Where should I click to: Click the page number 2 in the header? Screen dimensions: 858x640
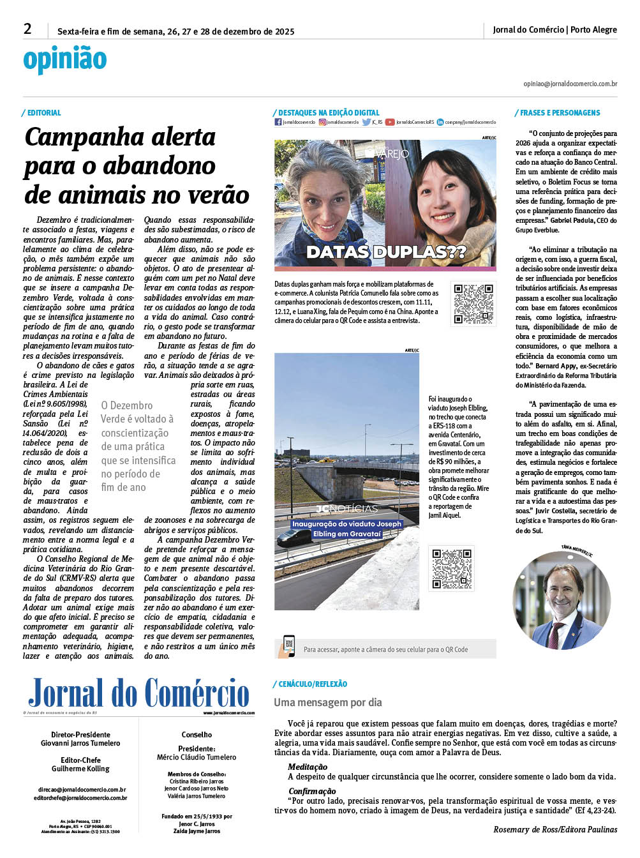pyautogui.click(x=27, y=29)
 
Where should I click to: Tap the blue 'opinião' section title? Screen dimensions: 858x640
pyautogui.click(x=65, y=59)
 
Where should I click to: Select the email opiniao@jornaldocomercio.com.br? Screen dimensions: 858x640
pyautogui.click(x=570, y=84)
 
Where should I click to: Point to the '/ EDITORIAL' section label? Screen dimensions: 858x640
pyautogui.click(x=42, y=113)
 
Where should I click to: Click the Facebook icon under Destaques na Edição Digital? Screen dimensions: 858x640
pyautogui.click(x=278, y=122)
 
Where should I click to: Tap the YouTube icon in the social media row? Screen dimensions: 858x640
pyautogui.click(x=389, y=122)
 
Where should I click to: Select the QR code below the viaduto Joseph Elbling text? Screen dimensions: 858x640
pyautogui.click(x=452, y=568)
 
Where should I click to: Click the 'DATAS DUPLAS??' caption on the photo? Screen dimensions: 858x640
pyautogui.click(x=385, y=252)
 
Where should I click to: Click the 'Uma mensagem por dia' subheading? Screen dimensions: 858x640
pyautogui.click(x=328, y=702)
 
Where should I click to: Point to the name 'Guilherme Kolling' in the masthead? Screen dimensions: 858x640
pyautogui.click(x=80, y=769)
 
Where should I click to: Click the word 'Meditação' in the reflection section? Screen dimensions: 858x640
pyautogui.click(x=308, y=767)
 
